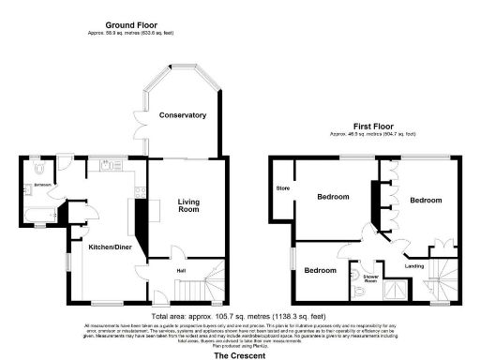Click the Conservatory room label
click(x=182, y=115)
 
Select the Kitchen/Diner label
click(x=108, y=246)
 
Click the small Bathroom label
click(x=43, y=185)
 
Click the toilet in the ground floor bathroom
click(x=35, y=167)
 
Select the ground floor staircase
click(x=214, y=281)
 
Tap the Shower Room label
click(x=370, y=279)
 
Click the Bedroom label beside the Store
click(x=333, y=197)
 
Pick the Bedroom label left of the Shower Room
click(x=320, y=270)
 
